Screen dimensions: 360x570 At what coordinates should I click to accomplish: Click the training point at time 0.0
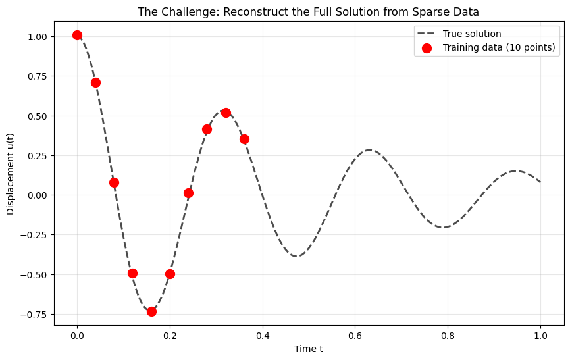[77, 35]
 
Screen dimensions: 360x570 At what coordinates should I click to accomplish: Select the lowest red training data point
[151, 311]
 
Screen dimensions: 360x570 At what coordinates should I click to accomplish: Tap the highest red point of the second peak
[226, 113]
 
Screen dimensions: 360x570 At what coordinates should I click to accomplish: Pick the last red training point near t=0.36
[244, 139]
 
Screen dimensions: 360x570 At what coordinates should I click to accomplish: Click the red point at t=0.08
[114, 182]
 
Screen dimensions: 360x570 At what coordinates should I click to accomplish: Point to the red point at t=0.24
[188, 193]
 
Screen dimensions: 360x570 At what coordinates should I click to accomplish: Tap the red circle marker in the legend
[427, 48]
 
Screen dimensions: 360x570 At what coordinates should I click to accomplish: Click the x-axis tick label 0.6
[355, 336]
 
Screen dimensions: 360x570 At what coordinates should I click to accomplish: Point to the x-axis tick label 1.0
[541, 336]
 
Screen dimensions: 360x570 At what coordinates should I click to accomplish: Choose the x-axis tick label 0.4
[263, 336]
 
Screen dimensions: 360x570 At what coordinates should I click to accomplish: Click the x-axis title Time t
[309, 349]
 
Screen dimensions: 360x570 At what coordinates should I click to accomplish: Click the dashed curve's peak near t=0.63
[369, 150]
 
